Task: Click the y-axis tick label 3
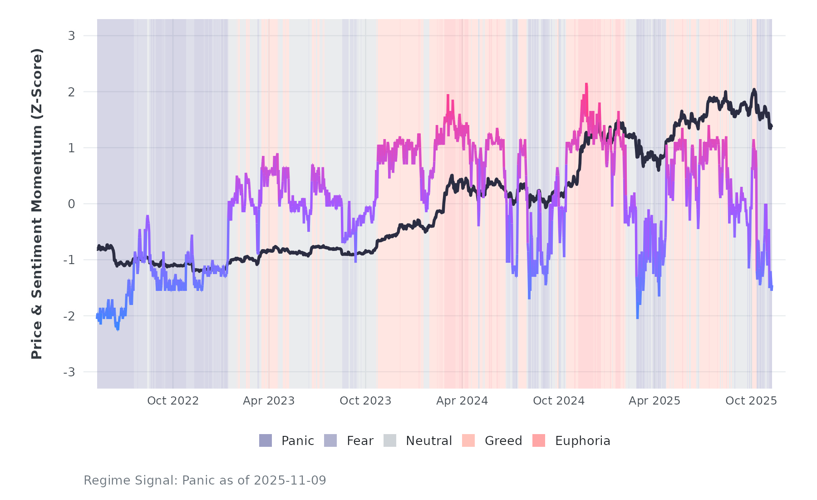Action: [x=71, y=35]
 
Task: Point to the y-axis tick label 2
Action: [x=71, y=92]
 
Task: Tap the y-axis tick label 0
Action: [x=71, y=204]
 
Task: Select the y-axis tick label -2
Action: [x=69, y=316]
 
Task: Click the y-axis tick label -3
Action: [x=69, y=372]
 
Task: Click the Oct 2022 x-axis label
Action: [x=173, y=400]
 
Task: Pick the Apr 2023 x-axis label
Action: [x=269, y=400]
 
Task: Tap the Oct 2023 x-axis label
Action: [x=365, y=400]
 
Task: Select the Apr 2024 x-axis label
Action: [x=462, y=400]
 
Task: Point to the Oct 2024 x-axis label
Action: [x=559, y=400]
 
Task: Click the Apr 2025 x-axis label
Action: [x=655, y=400]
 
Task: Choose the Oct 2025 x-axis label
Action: [x=751, y=400]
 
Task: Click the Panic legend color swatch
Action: [x=266, y=440]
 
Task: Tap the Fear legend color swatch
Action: [x=330, y=440]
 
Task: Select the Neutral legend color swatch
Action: [x=390, y=440]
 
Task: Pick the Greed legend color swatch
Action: [x=468, y=440]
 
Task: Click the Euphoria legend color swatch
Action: [x=539, y=440]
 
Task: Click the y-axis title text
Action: [x=37, y=204]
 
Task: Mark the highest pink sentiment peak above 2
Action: [x=586, y=84]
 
